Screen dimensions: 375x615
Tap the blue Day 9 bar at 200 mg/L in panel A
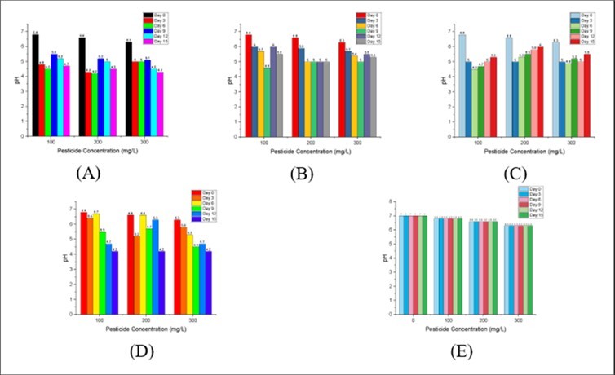pos(100,99)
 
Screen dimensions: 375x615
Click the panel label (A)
pos(88,173)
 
